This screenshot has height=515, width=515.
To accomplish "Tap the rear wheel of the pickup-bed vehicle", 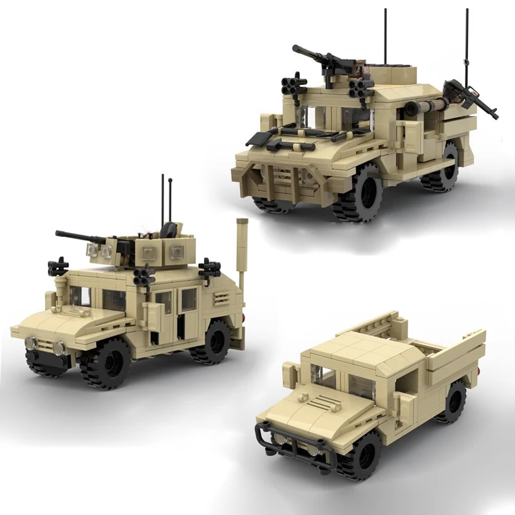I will tap(455, 402).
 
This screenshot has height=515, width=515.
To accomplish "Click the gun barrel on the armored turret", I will tap(74, 236).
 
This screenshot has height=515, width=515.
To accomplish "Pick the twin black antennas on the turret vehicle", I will tap(166, 200).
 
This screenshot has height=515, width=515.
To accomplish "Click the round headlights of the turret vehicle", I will tap(44, 346).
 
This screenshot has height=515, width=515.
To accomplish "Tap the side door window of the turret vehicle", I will tap(188, 299).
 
